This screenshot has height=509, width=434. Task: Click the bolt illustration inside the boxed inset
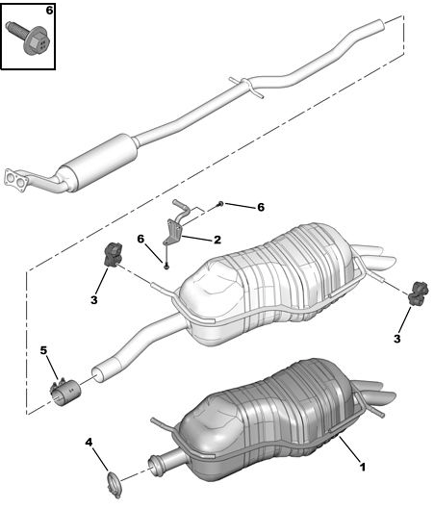tap(28, 38)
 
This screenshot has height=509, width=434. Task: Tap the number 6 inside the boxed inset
tap(49, 11)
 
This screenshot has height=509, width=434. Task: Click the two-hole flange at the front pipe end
tap(16, 180)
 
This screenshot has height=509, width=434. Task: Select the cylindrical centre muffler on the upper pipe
tap(99, 163)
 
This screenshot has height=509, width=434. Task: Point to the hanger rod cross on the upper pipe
tap(246, 87)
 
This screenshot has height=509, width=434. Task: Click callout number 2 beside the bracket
tap(217, 240)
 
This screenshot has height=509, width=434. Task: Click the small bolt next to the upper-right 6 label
tap(220, 204)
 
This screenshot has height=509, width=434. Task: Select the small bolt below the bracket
tap(166, 267)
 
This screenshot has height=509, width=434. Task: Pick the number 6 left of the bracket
tap(140, 239)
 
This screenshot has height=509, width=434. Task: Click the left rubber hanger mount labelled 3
tap(113, 255)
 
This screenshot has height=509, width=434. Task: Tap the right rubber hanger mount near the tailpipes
tap(418, 293)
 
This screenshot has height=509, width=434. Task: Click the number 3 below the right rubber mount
tap(397, 339)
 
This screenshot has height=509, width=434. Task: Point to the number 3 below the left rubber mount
tap(93, 299)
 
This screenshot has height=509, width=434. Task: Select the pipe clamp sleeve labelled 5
tap(64, 393)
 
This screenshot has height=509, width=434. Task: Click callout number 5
tap(43, 350)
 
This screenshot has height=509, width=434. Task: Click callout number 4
tap(89, 442)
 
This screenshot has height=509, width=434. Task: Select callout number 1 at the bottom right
tap(363, 467)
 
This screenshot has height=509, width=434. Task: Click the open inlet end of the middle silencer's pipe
tap(97, 375)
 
